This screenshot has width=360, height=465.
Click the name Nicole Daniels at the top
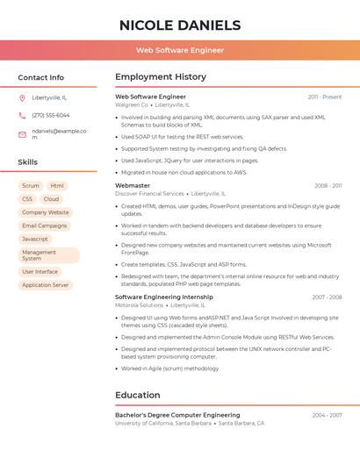(x=180, y=25)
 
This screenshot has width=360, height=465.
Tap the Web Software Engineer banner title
(x=180, y=51)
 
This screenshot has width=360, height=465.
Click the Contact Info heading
(x=41, y=77)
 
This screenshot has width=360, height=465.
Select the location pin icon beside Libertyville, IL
(x=22, y=97)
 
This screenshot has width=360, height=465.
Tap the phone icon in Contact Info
(x=22, y=115)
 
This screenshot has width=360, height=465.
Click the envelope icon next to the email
(x=22, y=134)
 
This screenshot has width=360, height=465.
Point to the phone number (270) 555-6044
(x=51, y=115)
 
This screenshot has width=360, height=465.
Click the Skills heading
(x=28, y=162)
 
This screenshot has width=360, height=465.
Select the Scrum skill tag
(x=31, y=186)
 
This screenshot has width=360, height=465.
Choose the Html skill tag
(x=57, y=186)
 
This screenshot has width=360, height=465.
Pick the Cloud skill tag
(x=52, y=199)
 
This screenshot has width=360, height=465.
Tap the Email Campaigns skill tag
(x=45, y=225)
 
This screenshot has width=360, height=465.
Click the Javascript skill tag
(x=35, y=239)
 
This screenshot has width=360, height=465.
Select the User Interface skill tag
(x=40, y=272)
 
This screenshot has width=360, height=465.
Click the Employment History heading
(x=161, y=77)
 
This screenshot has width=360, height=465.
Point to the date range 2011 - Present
(x=325, y=97)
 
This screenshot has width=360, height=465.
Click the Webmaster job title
(x=133, y=186)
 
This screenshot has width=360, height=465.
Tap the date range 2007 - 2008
(x=327, y=297)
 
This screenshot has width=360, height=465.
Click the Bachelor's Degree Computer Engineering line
(x=177, y=415)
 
